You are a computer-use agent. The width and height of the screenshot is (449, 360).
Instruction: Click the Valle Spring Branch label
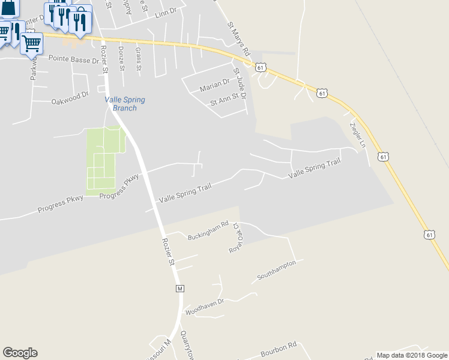tap(125, 104)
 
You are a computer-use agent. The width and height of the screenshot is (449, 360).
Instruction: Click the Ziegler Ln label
tap(358, 135)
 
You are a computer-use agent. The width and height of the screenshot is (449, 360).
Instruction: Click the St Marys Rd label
tap(238, 40)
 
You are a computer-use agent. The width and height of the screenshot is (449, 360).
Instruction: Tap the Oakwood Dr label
tap(70, 95)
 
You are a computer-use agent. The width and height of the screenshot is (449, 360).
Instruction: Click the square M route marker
tap(179, 289)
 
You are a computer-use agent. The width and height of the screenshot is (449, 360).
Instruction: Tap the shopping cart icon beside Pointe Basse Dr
tap(31, 43)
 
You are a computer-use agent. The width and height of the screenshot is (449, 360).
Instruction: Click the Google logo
tap(20, 353)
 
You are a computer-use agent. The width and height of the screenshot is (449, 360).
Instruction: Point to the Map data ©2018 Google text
tap(411, 355)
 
